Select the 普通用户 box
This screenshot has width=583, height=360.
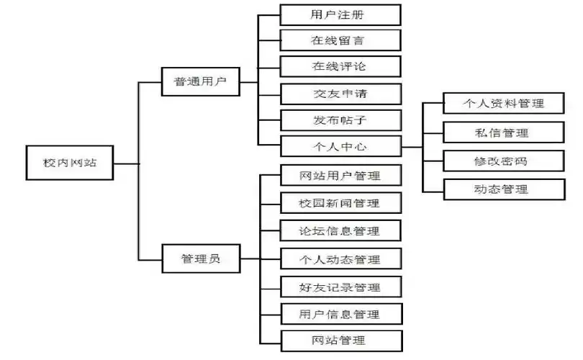200,82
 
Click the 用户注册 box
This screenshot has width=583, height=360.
340,14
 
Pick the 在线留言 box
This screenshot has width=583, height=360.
340,40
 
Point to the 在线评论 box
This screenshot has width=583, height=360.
340,67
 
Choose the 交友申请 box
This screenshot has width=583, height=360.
340,94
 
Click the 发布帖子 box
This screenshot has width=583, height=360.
340,120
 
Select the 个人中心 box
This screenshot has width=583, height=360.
340,146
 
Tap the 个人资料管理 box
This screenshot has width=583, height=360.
502,104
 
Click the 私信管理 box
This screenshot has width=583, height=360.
502,132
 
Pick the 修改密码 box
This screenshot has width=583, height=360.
502,161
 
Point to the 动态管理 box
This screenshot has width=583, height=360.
502,190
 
